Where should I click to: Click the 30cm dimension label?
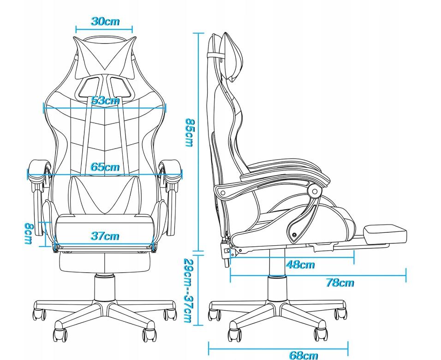coord(105,21)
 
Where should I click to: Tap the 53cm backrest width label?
coord(106,100)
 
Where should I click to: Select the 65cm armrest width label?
coord(105,167)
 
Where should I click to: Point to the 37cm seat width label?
coord(105,236)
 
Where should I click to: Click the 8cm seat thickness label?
coord(29,233)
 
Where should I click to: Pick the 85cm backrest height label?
coord(189,132)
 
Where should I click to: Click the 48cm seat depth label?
coord(300,265)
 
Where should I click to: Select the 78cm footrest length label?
coord(340,283)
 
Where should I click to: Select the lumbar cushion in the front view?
coord(105,195)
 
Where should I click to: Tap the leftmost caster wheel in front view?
coord(39,314)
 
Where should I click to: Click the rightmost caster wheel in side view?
coord(340,314)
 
